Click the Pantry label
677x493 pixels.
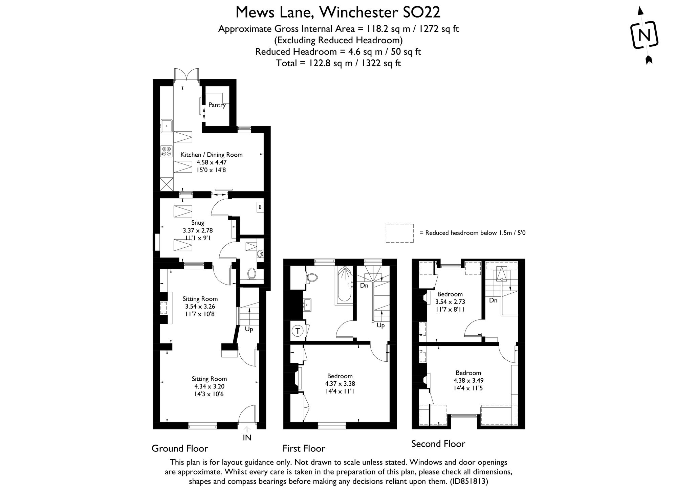[217, 105]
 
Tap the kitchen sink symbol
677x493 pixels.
[167, 126]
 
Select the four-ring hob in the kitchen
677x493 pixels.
[166, 151]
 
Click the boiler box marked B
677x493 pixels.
[260, 207]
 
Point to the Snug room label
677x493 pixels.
[198, 223]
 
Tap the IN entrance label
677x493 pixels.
[247, 438]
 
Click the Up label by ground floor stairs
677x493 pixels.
[249, 329]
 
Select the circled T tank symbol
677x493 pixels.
[298, 331]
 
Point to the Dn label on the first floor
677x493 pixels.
[364, 286]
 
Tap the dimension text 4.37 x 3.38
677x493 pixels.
[340, 384]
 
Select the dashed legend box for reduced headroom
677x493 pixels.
[399, 233]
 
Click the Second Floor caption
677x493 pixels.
[438, 444]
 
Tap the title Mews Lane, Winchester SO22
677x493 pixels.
[338, 13]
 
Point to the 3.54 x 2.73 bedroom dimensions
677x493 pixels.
[450, 302]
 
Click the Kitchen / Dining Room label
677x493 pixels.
[211, 155]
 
